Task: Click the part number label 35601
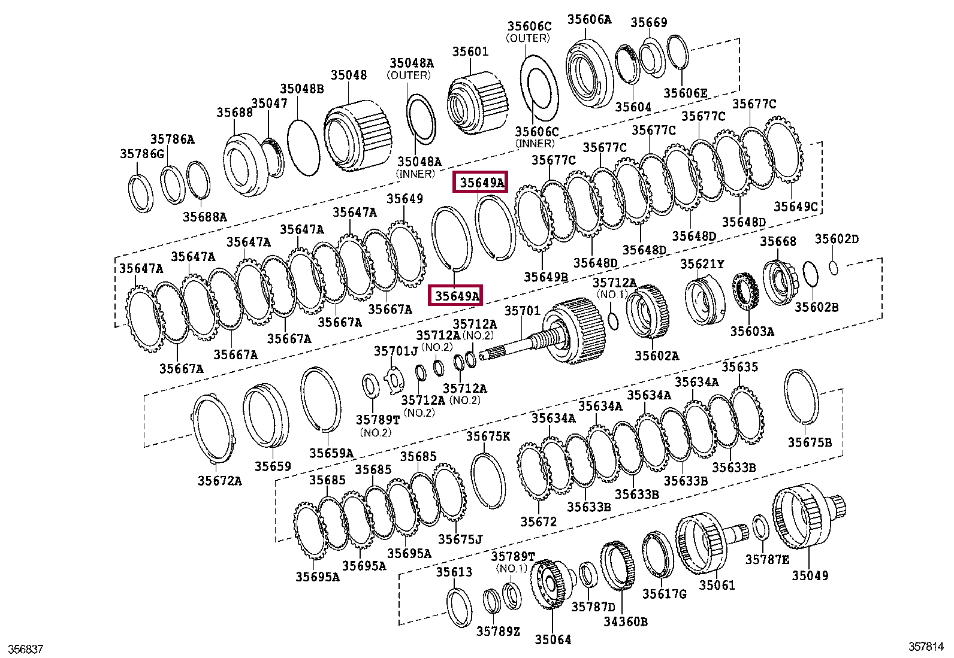click(470, 52)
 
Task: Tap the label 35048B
click(302, 89)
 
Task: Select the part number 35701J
click(396, 351)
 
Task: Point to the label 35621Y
click(702, 264)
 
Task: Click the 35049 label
click(810, 575)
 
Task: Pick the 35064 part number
click(553, 640)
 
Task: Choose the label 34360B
click(625, 621)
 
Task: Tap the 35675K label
click(488, 436)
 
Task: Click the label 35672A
click(220, 481)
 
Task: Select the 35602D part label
click(836, 239)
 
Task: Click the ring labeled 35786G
click(141, 193)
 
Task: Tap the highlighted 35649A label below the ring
click(457, 296)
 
